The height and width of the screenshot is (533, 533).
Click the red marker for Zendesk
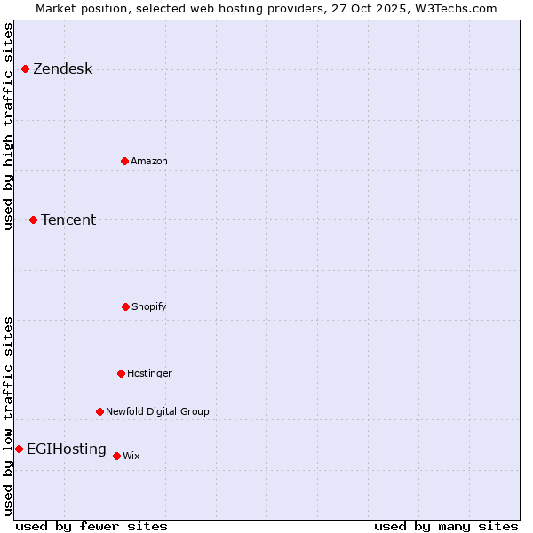point(25,68)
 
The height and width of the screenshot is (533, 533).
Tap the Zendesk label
point(62,69)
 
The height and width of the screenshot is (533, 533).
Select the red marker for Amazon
point(124,161)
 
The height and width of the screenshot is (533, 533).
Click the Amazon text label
point(149,162)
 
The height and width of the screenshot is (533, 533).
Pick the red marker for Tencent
point(33,219)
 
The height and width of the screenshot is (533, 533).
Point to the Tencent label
point(68,220)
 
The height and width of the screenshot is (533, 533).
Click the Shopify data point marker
point(125,306)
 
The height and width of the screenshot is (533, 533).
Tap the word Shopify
point(149,307)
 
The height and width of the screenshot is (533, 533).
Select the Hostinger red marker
point(121,373)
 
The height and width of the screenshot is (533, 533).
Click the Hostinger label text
point(149,374)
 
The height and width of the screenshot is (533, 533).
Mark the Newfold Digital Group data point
point(99,411)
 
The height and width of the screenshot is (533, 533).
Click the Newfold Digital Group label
point(157,412)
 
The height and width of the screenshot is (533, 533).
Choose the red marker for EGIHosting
point(19,449)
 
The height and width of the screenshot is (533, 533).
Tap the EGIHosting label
point(67,449)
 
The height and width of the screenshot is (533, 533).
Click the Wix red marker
point(116,456)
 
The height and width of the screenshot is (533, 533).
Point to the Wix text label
point(131,457)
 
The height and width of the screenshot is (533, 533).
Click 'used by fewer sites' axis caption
point(91,526)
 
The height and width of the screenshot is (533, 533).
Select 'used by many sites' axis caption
point(446,526)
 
